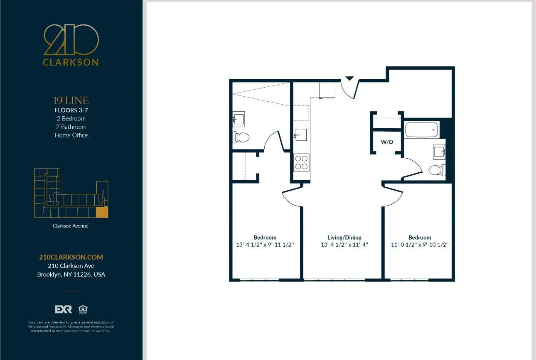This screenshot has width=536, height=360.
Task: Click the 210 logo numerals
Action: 71,40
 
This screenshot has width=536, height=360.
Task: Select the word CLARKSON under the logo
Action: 71,63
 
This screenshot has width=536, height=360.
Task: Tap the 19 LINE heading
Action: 71,100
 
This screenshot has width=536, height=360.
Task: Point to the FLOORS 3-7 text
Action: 71,110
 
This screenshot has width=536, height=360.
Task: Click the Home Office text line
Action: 71,135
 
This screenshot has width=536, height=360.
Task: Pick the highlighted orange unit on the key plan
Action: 102,212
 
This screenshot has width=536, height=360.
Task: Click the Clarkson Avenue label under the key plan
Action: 71,226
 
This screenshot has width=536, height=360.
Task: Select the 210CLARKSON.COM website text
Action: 71,257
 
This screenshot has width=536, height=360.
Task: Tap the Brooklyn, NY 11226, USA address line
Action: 71,274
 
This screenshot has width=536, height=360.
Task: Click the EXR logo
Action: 63,309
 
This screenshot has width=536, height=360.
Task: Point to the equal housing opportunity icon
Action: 83,309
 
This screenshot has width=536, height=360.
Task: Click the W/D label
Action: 387,142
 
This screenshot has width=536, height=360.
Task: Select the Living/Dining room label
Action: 344,238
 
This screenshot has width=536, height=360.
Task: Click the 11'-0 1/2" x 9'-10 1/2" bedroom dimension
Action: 420,245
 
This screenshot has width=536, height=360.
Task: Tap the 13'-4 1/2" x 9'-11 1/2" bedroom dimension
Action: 265,245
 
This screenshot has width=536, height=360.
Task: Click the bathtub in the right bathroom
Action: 422,130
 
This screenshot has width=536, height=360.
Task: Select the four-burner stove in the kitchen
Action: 302,162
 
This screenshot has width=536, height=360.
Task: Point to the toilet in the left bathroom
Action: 241,137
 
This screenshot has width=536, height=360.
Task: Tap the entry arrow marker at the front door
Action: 349,78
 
